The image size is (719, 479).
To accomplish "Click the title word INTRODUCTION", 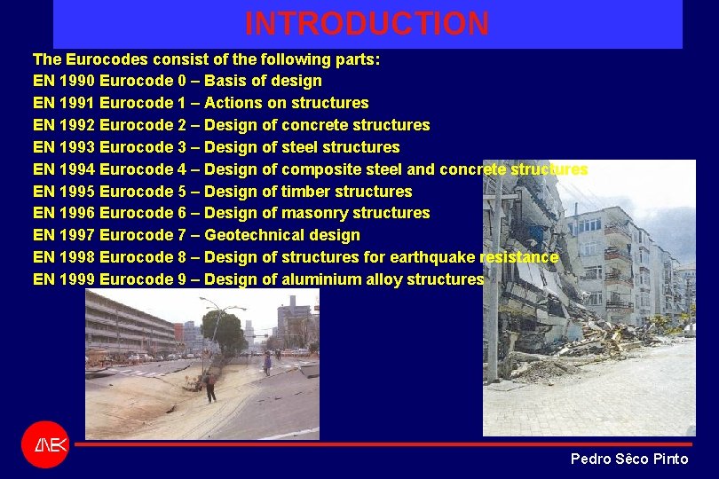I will coord(367,24).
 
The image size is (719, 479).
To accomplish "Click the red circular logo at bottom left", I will coord(44,444).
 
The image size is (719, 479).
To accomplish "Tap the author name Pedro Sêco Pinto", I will coord(628,459).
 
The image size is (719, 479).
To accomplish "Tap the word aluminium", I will coord(322,279).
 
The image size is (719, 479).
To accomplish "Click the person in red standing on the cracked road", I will coord(209,387).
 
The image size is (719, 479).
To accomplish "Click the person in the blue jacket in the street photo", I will coord(267,363).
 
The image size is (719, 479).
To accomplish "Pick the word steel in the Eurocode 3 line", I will coord(300,147).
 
